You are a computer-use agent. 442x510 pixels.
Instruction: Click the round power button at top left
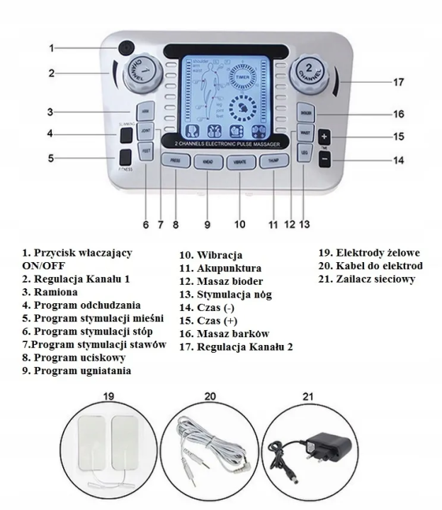pyautogui.click(x=126, y=47)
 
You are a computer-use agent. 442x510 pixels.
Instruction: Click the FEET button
pyautogui.click(x=146, y=151)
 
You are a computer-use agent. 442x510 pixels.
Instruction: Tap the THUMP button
pyautogui.click(x=270, y=161)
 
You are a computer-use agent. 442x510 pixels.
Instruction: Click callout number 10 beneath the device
pyautogui.click(x=239, y=225)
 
